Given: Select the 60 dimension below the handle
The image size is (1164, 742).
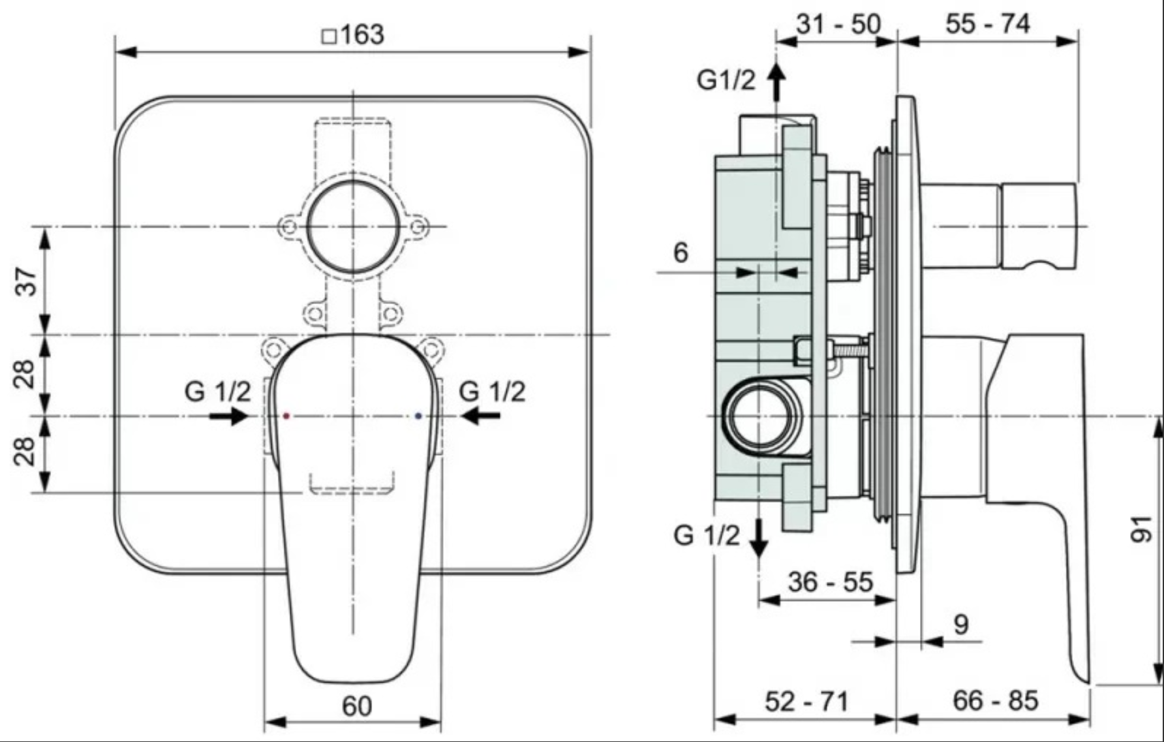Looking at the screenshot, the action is point(357,706).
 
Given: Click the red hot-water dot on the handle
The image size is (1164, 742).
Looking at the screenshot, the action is point(286,416).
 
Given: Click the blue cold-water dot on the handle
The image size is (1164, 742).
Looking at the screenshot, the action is point(418,416).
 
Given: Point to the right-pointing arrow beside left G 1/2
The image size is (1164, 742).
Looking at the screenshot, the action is point(229,416).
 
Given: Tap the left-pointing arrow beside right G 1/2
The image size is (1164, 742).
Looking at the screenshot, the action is point(480,415).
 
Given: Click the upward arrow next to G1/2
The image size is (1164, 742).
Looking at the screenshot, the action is point(776,82).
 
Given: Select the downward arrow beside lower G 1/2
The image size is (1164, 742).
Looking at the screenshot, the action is point(758,538).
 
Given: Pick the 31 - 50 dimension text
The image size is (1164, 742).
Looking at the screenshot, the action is point(838,24).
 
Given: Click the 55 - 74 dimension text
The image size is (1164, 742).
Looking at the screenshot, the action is point(988,24).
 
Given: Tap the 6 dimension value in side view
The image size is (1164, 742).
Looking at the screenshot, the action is point(681,253).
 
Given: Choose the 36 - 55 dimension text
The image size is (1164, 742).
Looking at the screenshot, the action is point(830,582).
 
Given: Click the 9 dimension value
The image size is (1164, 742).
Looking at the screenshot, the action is point(961,625).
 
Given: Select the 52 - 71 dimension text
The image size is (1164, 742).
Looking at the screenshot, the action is point(807,702).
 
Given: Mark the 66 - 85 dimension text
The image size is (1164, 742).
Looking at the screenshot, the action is point(995,701).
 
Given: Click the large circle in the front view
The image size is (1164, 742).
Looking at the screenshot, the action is point(353,226).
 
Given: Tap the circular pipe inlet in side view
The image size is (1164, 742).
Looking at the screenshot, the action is point(759,416).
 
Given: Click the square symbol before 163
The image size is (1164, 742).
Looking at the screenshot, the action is point(329,37).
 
